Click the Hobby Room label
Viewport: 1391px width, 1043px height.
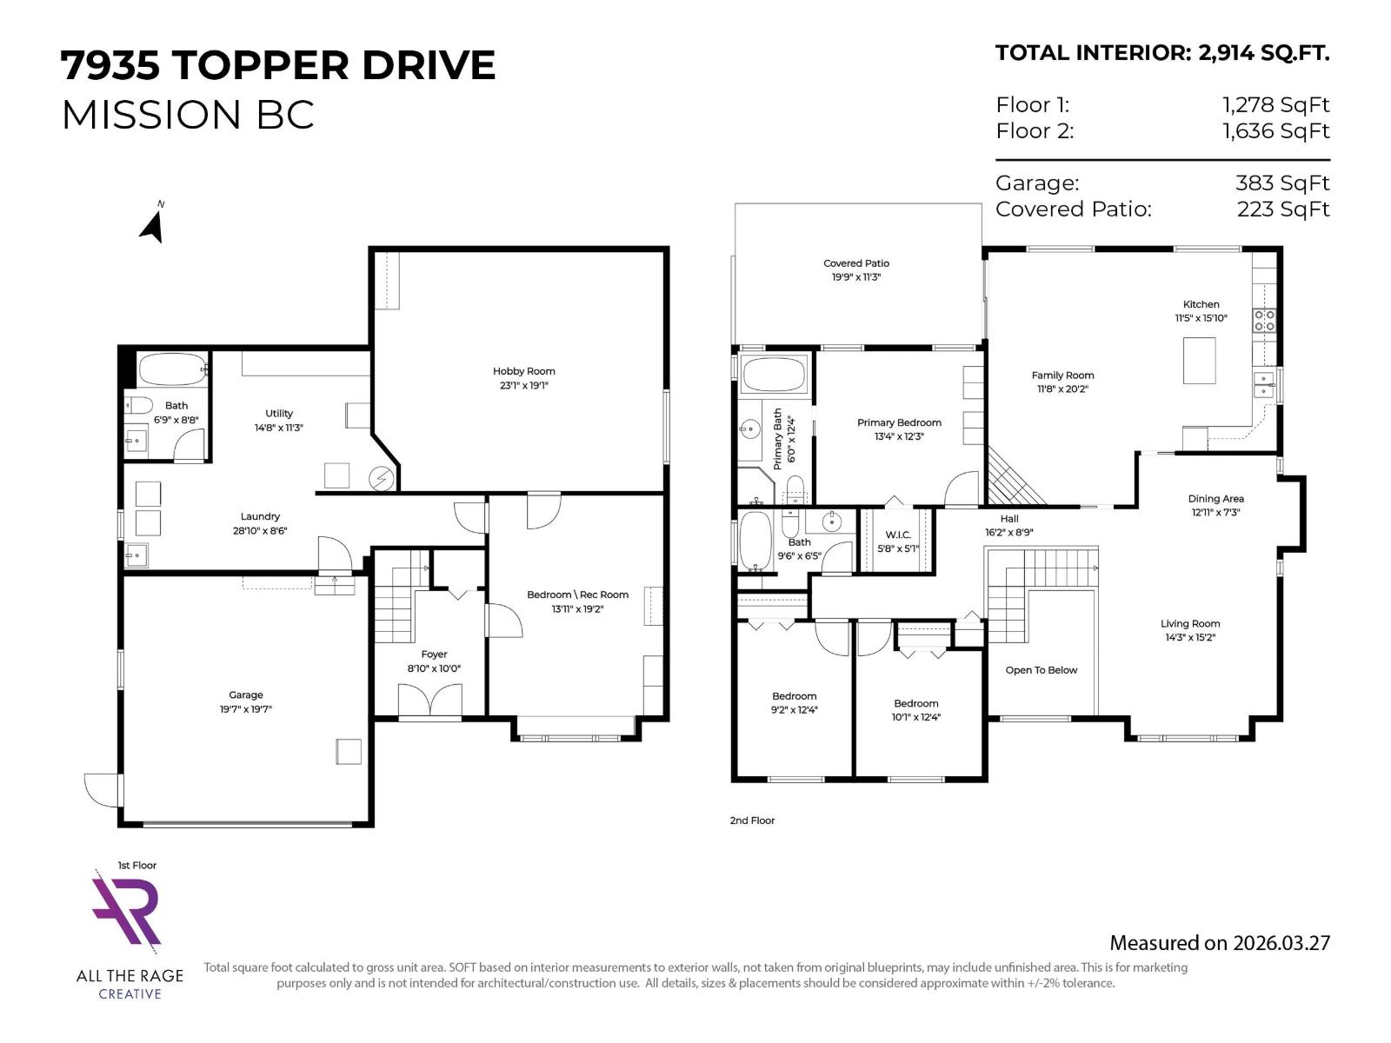point(523,371)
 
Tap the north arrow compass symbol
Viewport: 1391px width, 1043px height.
point(152,224)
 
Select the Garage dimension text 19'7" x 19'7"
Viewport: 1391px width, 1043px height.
point(246,709)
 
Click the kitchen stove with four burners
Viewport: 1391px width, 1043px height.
point(1264,320)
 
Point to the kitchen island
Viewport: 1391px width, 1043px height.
point(1199,360)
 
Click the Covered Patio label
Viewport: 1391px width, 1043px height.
point(856,263)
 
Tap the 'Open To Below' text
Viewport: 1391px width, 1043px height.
point(1041,670)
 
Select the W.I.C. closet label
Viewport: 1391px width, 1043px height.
point(898,535)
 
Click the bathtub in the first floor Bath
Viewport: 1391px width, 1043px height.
point(172,369)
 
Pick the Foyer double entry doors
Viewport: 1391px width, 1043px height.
point(429,701)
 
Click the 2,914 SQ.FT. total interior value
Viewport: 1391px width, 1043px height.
point(1263,53)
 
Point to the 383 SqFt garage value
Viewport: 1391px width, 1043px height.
point(1282,183)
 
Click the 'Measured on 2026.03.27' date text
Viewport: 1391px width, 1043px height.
point(1219,943)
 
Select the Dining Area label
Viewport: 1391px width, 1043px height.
point(1215,499)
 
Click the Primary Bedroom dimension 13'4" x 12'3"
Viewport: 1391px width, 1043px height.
point(899,436)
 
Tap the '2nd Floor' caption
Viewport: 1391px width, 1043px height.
point(752,820)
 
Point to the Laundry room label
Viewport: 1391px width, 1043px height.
point(260,516)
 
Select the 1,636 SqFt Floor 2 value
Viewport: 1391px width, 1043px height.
point(1275,131)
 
